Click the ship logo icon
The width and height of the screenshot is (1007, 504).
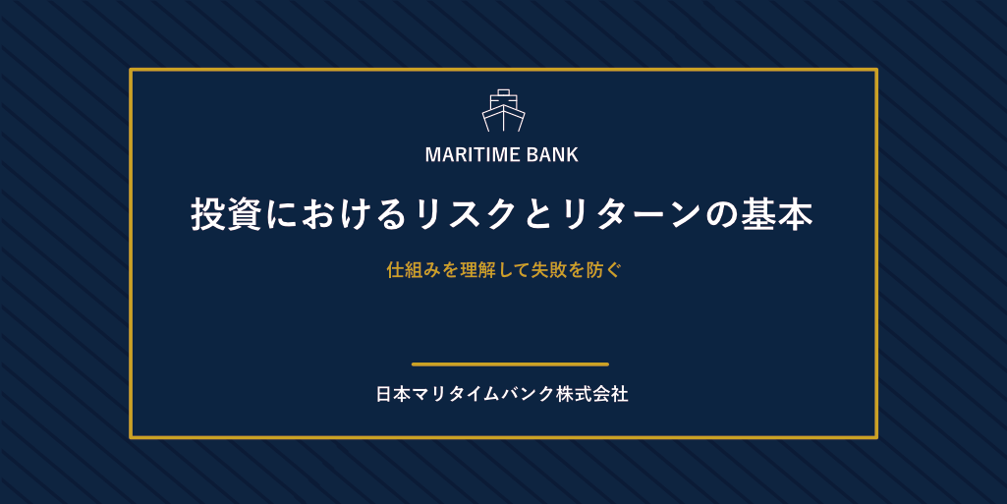pos(503,110)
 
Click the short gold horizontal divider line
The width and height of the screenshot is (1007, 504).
pos(510,364)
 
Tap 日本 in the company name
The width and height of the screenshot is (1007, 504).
pos(393,394)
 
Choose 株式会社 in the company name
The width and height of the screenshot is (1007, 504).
pos(592,394)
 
